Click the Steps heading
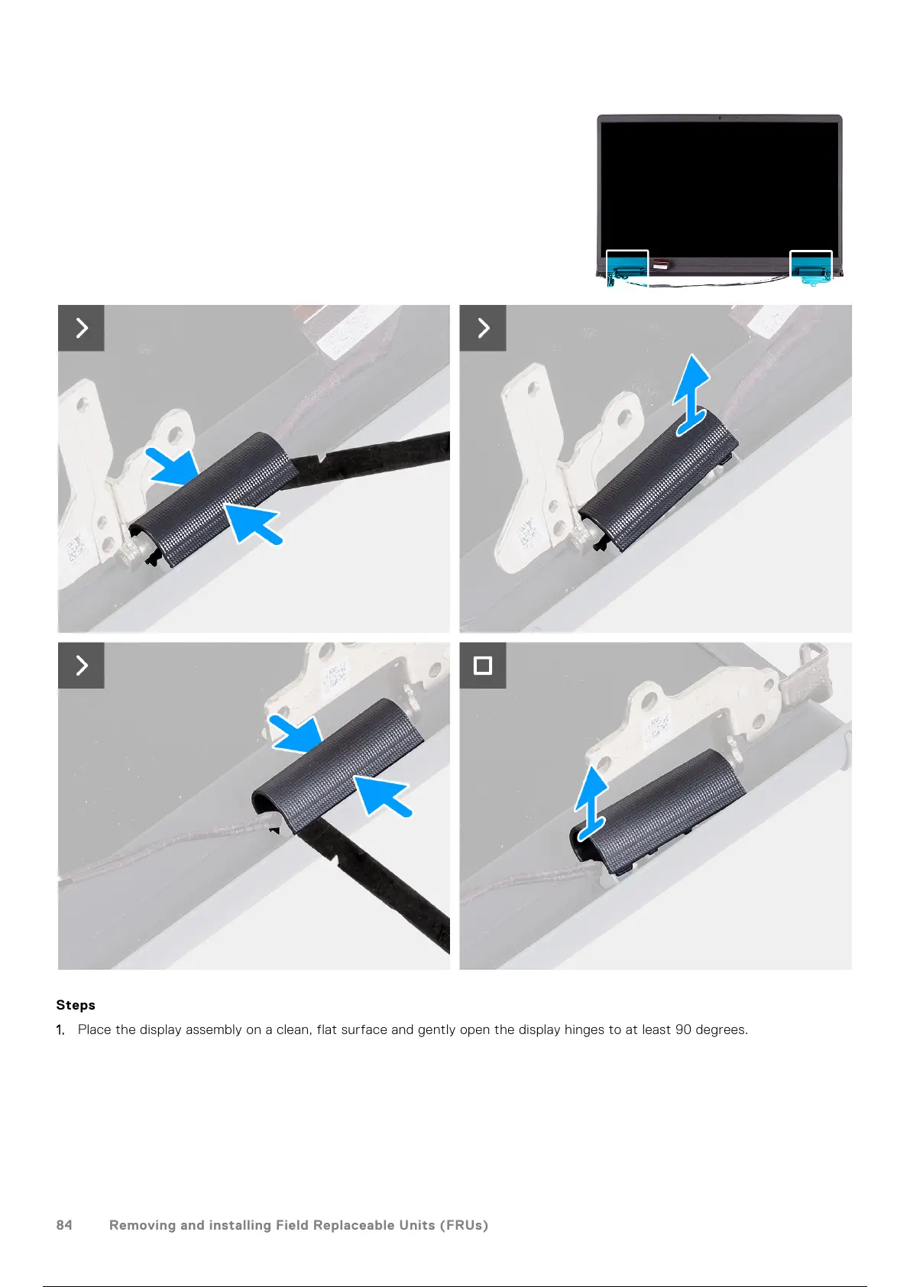pyautogui.click(x=75, y=1005)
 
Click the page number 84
pyautogui.click(x=64, y=1225)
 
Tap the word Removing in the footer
pyautogui.click(x=142, y=1225)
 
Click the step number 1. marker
pyautogui.click(x=60, y=1030)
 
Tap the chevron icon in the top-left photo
pyautogui.click(x=81, y=328)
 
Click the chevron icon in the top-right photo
pyautogui.click(x=483, y=328)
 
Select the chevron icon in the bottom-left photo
pyautogui.click(x=81, y=666)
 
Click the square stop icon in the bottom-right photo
pyautogui.click(x=483, y=666)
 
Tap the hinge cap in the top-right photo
pyautogui.click(x=659, y=479)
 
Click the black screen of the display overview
pyautogui.click(x=719, y=190)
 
